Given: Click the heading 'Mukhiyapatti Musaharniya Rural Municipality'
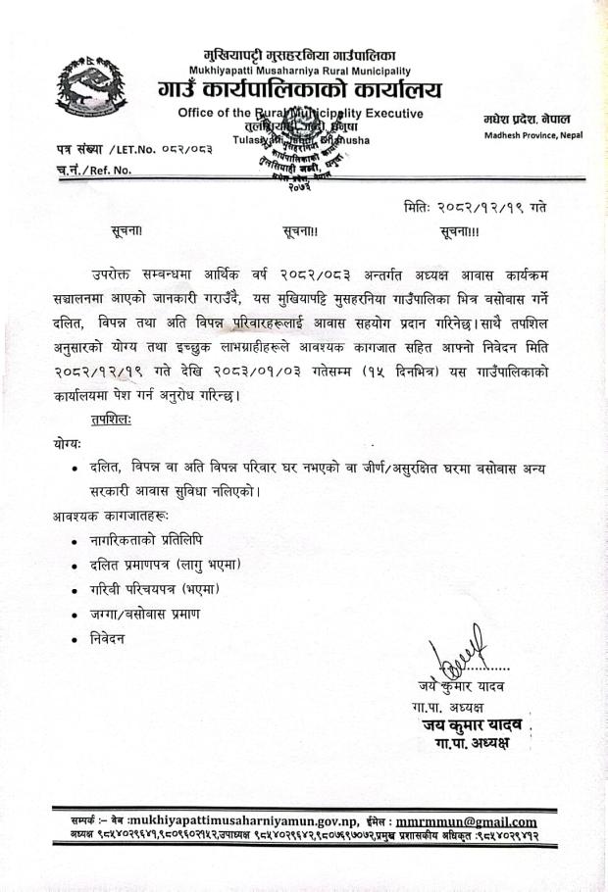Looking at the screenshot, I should [x=294, y=72].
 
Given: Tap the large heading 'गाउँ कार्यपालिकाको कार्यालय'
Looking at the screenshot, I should [x=299, y=91].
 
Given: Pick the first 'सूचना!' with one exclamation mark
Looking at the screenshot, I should [x=127, y=232].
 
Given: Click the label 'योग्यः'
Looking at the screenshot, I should [x=70, y=442].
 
